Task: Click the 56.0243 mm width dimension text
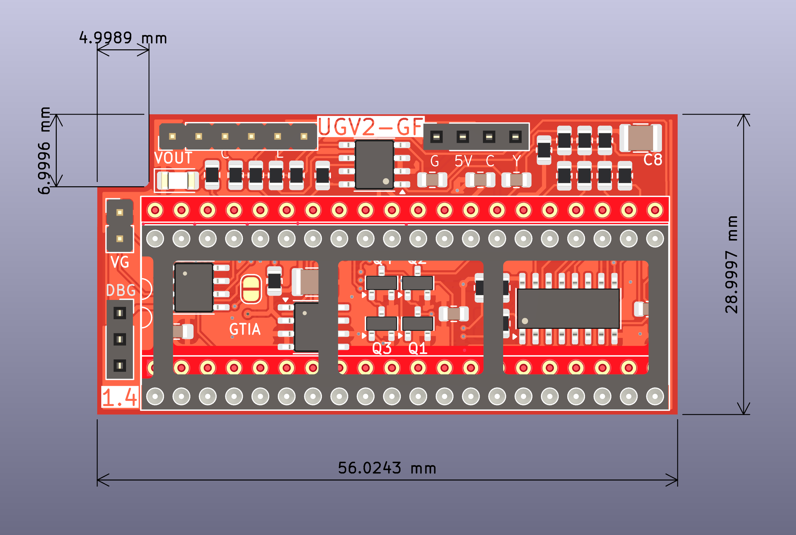pyautogui.click(x=387, y=468)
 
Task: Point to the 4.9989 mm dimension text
pyautogui.click(x=123, y=38)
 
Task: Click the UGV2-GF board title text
pyautogui.click(x=371, y=127)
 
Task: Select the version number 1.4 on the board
pyautogui.click(x=120, y=397)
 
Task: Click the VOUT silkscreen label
pyautogui.click(x=173, y=158)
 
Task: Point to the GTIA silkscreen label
pyautogui.click(x=245, y=329)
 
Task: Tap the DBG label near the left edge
pyautogui.click(x=121, y=290)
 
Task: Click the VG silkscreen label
pyautogui.click(x=120, y=262)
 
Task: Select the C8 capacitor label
pyautogui.click(x=652, y=160)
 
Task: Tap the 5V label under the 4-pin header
pyautogui.click(x=463, y=161)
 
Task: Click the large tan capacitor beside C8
pyautogui.click(x=640, y=138)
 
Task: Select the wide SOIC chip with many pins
pyautogui.click(x=568, y=309)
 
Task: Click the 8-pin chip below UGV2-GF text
pyautogui.click(x=374, y=165)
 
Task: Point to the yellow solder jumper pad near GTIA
pyautogui.click(x=251, y=289)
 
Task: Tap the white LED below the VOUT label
pyautogui.click(x=178, y=180)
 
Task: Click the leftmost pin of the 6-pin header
pyautogui.click(x=172, y=136)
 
